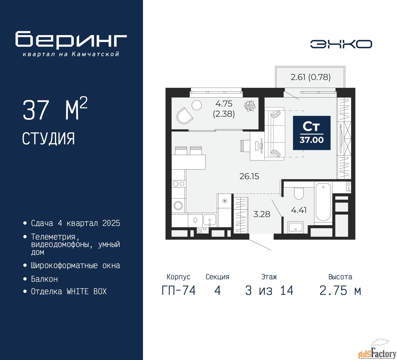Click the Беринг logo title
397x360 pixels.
coord(71,40)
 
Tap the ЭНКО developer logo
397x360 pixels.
coord(341,44)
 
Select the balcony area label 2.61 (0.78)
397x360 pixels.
coord(310,77)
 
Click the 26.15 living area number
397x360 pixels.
coord(249,176)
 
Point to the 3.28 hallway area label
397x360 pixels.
coord(261,214)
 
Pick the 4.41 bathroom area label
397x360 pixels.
coord(299,210)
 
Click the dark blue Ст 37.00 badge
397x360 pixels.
coord(311,133)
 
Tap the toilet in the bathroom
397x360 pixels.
coord(299,193)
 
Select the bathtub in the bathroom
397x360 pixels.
coord(323,202)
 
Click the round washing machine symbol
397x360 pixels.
coord(178,205)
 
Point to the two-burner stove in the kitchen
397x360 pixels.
coord(179,184)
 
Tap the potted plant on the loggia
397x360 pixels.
coord(250,106)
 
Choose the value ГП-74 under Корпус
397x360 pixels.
coord(179,290)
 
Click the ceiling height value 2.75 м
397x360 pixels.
coord(340,290)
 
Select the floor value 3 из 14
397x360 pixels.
coord(269,290)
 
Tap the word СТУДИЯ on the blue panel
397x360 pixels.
coord(48,139)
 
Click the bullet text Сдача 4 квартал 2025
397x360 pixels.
coord(75,223)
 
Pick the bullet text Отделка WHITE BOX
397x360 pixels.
coord(69,291)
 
